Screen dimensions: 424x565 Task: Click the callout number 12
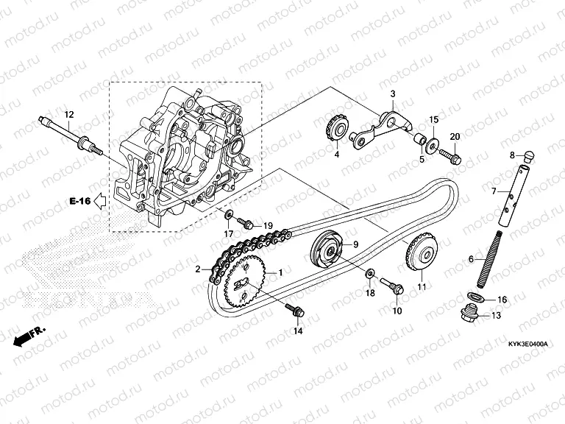[x=69, y=114]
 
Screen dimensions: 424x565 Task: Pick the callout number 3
[x=393, y=94]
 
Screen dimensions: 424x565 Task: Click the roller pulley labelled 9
[x=327, y=250]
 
